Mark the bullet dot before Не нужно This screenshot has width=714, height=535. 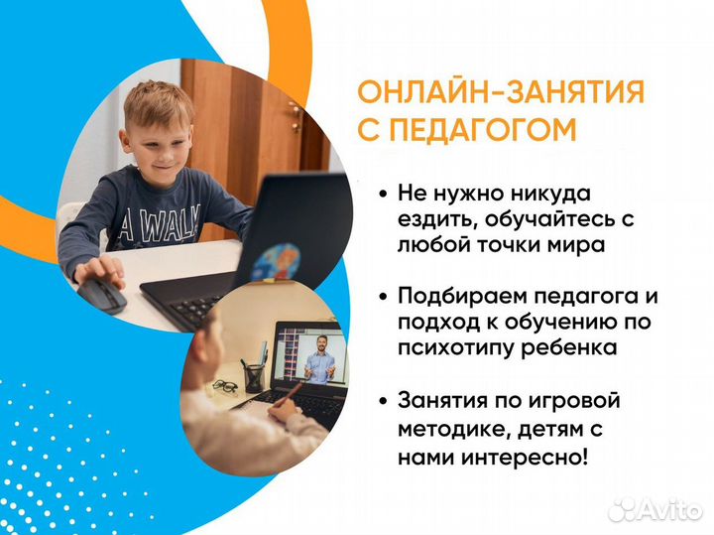[383, 193]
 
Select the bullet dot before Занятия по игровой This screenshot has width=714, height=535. [383, 402]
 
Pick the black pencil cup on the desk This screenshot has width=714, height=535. [255, 376]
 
